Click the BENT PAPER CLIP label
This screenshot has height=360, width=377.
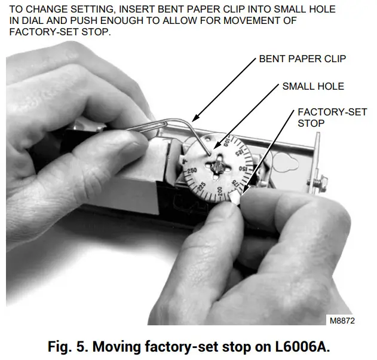point(302,59)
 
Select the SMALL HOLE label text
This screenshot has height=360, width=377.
point(313,87)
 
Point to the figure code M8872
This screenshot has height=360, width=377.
point(342,321)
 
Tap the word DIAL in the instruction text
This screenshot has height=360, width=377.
point(29,21)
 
